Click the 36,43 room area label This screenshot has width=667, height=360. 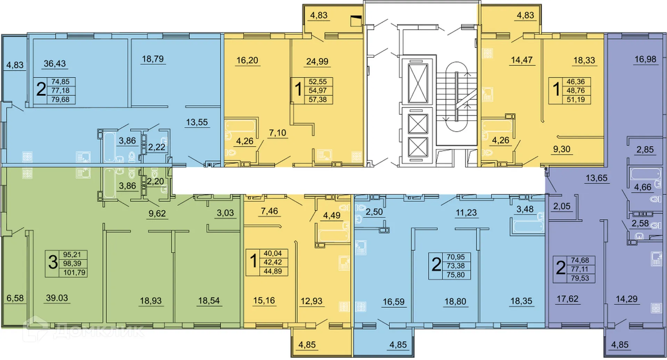(55, 64)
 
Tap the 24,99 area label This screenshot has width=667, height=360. (317, 61)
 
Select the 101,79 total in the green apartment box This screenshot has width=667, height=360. (74, 273)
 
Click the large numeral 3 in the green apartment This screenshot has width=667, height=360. (53, 262)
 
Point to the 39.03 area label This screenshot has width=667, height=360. (57, 298)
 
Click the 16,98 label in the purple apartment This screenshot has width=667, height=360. (645, 59)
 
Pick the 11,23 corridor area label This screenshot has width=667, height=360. (466, 212)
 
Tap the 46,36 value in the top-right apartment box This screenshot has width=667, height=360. (575, 82)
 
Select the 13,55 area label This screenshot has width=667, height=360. (197, 122)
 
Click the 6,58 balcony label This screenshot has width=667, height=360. (15, 298)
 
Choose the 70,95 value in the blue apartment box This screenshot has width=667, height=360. (455, 257)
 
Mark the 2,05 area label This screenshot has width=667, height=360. (561, 206)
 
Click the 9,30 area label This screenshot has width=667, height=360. (561, 149)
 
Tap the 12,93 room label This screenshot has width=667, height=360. (311, 301)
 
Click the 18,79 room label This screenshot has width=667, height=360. (153, 59)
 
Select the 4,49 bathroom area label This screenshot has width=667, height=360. (331, 215)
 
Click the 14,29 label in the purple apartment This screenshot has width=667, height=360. (626, 299)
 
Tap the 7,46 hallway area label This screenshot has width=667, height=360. (269, 211)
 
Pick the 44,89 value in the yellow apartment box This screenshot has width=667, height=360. (272, 271)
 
